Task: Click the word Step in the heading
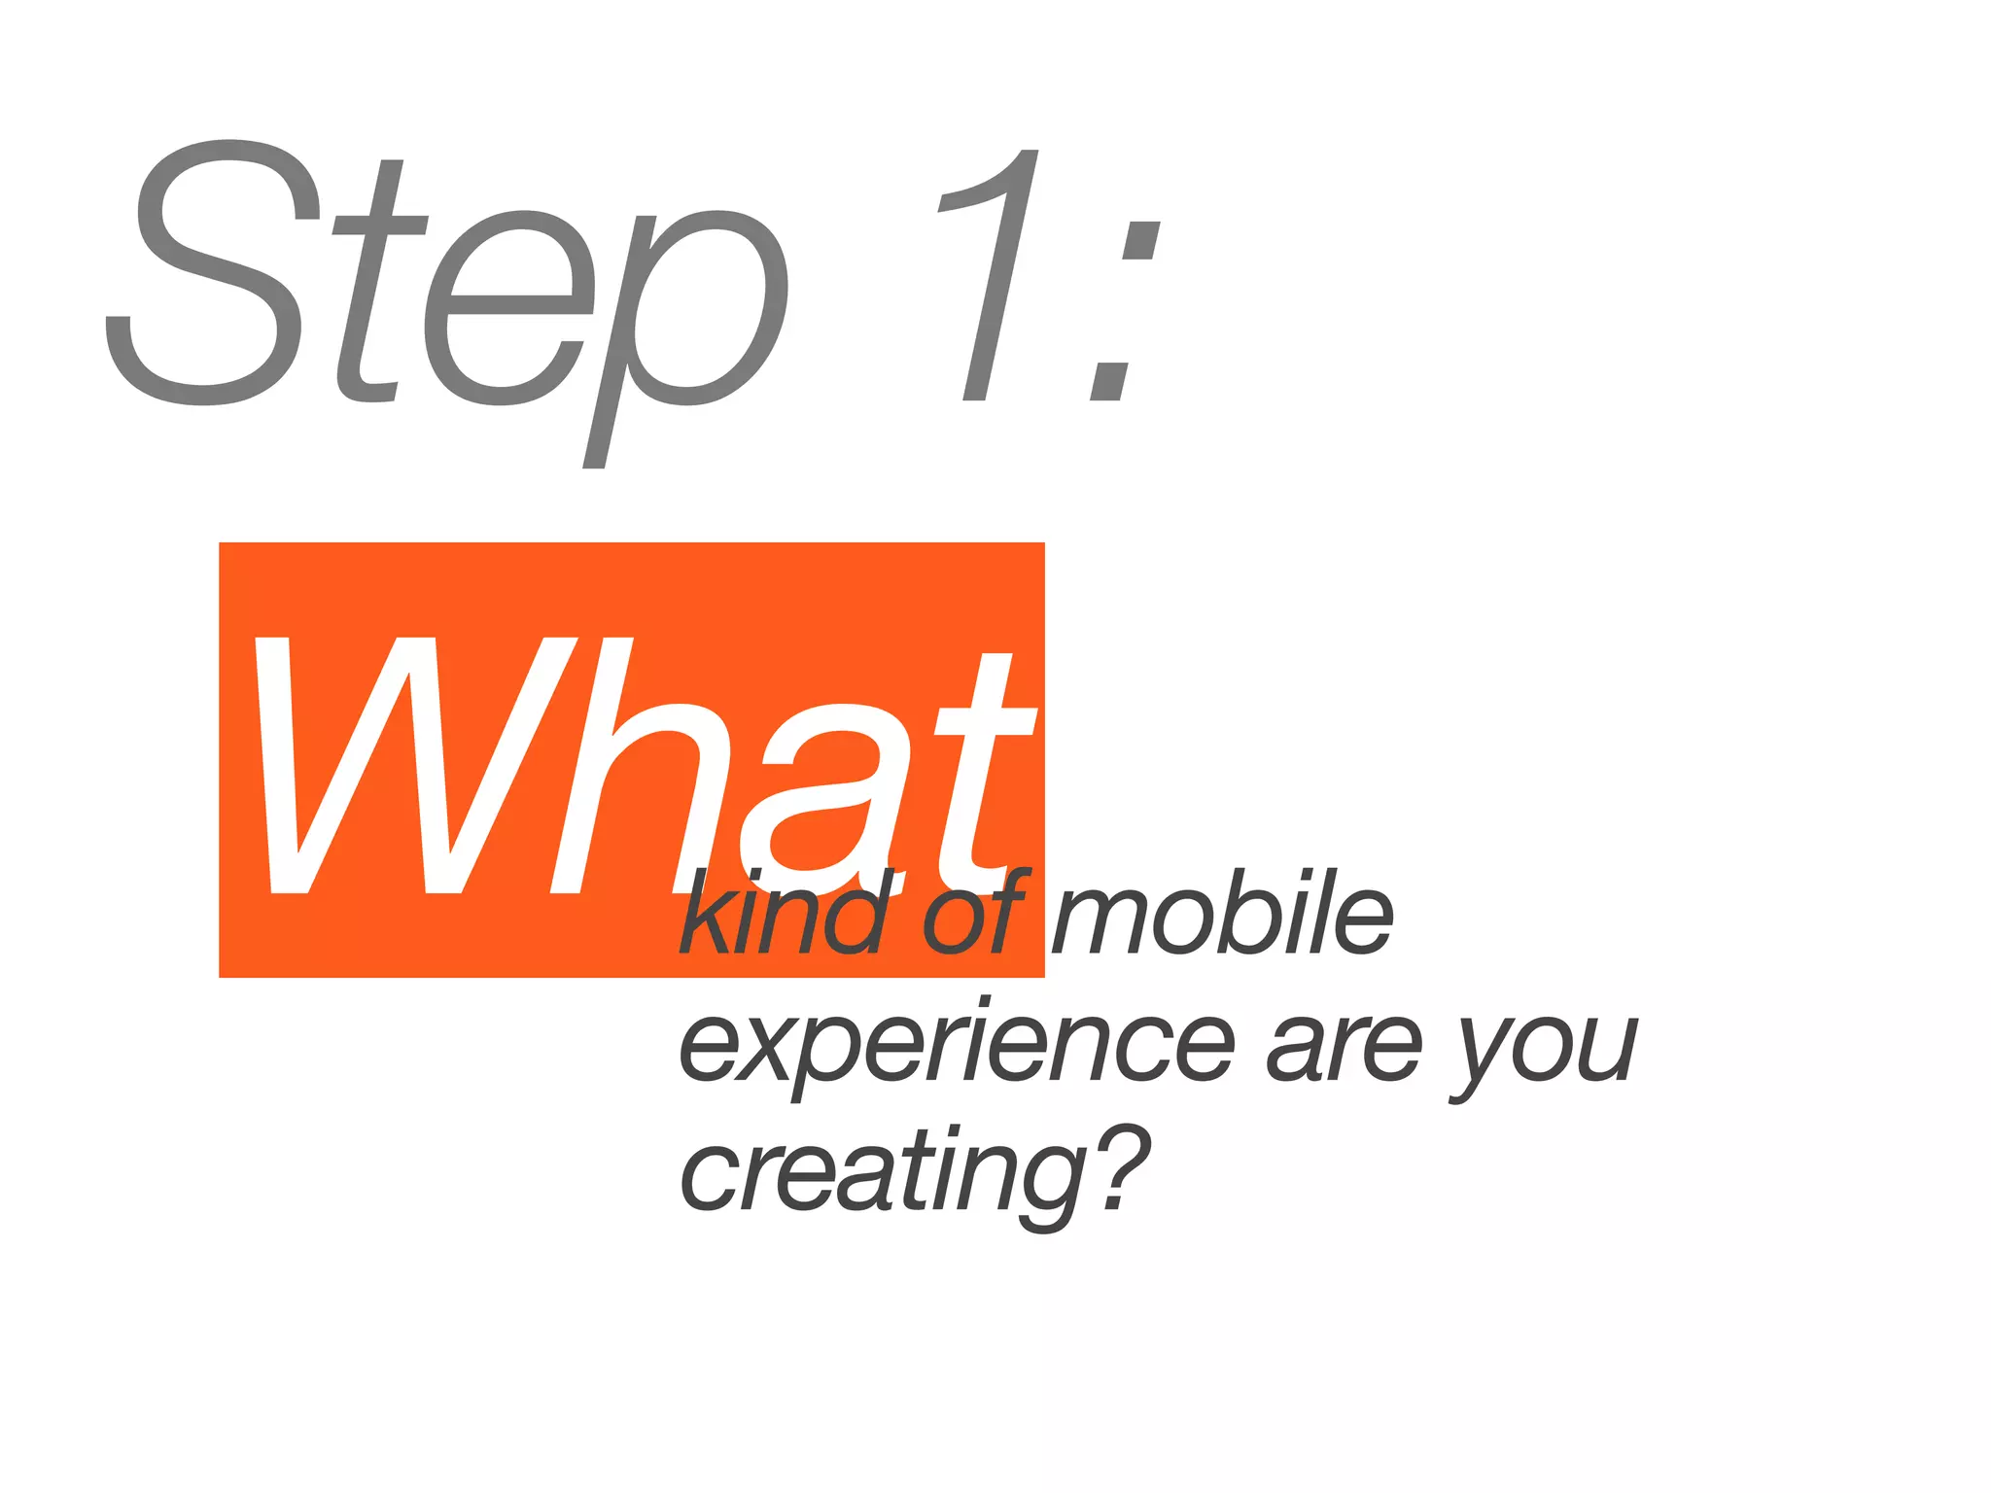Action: [447, 292]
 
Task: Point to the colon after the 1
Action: [1123, 311]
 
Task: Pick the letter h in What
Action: [637, 768]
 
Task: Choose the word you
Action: [1546, 1050]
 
